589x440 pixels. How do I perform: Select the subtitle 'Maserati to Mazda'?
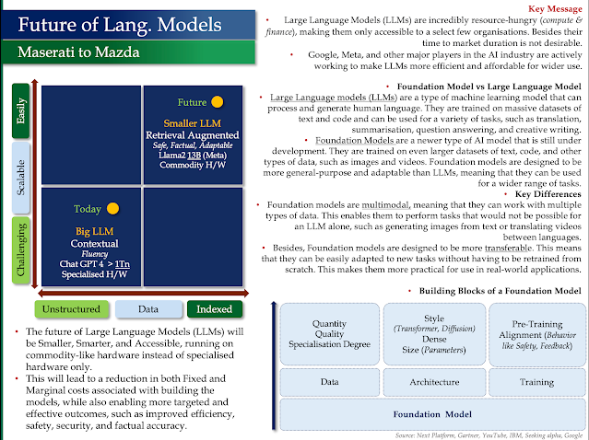(x=77, y=53)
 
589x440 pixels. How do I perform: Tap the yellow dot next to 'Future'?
(x=218, y=102)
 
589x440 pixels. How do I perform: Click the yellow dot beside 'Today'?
(x=112, y=209)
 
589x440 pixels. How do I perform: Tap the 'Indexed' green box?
(x=214, y=310)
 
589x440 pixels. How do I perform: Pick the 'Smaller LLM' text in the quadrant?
(x=193, y=122)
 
